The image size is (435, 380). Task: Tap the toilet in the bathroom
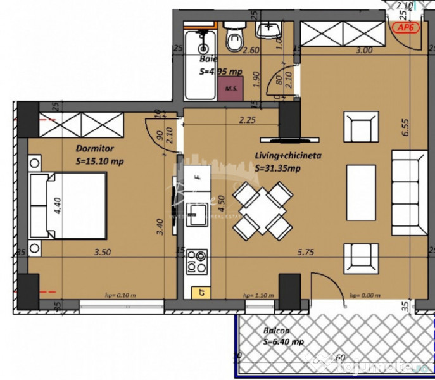click(235, 37)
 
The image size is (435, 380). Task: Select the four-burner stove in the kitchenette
click(197, 261)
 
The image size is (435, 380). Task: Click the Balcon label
click(277, 331)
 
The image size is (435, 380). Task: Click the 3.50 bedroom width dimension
click(103, 251)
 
